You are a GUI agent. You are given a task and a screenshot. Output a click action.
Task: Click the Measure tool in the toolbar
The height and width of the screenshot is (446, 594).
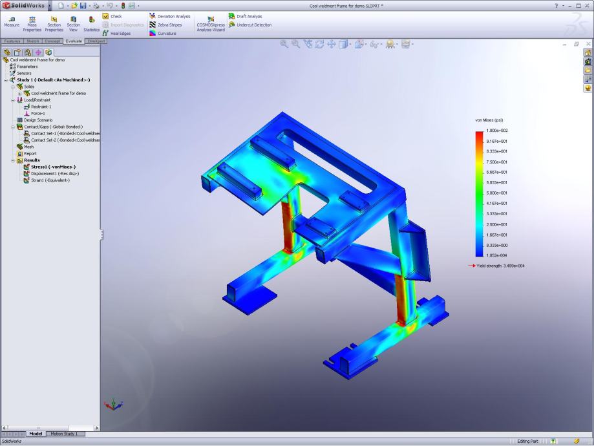coord(11,21)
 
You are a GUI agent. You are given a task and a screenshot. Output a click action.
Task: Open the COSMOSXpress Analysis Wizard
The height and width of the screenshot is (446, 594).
coord(210,24)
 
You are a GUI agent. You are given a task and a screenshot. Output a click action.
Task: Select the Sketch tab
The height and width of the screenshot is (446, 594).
coord(32,41)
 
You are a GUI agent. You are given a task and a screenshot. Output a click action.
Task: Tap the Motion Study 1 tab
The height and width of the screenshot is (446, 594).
coord(63,434)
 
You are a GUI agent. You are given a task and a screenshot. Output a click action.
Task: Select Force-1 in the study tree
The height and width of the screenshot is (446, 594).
coord(37,113)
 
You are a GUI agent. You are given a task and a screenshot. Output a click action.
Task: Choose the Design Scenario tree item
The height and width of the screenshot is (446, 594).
coord(38,120)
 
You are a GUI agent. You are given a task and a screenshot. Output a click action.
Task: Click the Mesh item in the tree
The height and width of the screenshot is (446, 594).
coord(28,147)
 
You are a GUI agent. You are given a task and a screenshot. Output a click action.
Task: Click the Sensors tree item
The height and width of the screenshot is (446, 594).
coord(23,73)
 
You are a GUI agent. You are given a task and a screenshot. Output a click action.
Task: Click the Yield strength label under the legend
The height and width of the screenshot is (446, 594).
coord(501,266)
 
